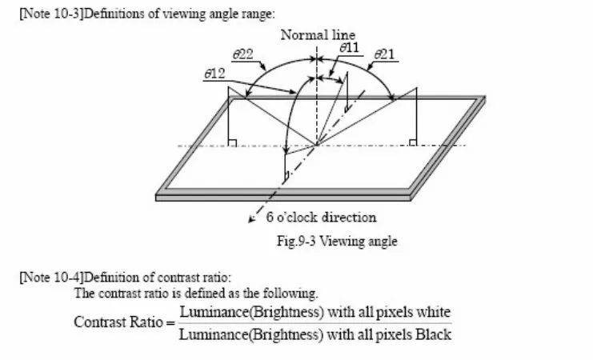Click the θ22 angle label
tap(243, 54)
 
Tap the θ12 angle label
tap(214, 73)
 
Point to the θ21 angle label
tap(386, 54)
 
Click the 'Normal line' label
tap(318, 34)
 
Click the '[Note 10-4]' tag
tap(45, 278)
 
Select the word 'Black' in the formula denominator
tap(433, 335)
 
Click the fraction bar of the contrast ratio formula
tap(315, 323)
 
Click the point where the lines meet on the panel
tap(317, 145)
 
